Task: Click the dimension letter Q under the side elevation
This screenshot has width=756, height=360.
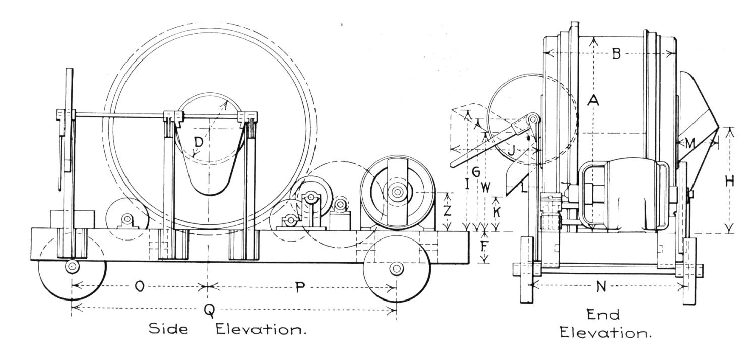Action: click(210, 311)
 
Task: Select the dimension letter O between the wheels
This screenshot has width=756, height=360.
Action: click(140, 287)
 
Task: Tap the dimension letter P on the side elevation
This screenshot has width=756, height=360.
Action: click(300, 287)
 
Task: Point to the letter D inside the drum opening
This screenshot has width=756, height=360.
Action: click(199, 143)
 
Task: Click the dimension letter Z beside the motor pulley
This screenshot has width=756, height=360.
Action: click(447, 211)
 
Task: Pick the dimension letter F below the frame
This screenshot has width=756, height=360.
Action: click(484, 247)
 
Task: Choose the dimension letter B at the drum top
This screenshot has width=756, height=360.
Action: click(616, 54)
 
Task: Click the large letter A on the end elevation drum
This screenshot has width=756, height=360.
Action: click(593, 100)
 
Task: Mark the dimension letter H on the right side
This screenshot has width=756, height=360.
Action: click(729, 182)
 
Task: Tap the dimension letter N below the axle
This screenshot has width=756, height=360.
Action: click(601, 287)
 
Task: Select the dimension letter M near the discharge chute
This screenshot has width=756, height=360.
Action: click(690, 144)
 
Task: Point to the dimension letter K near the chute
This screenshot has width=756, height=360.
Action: click(496, 212)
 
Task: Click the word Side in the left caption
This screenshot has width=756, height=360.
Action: click(168, 328)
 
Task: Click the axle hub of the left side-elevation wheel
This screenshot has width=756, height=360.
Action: click(71, 266)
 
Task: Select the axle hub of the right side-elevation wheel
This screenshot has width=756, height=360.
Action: click(396, 269)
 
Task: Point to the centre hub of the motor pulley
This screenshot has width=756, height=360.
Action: click(397, 192)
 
